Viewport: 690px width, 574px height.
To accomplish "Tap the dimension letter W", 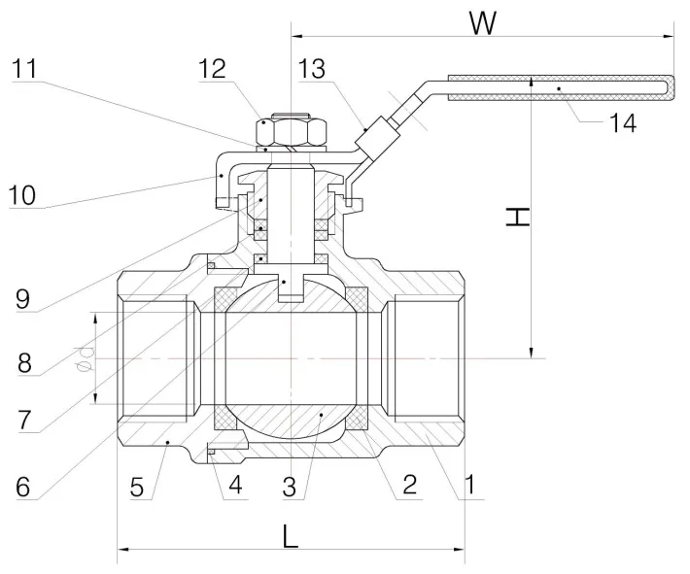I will click(483, 22).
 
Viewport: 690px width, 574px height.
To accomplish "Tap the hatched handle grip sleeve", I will click(559, 87).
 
